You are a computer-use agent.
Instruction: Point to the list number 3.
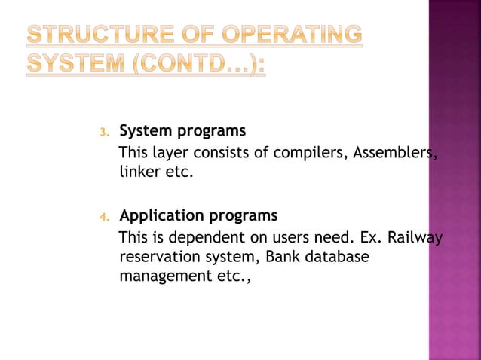pyautogui.click(x=105, y=133)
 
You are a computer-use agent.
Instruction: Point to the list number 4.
pyautogui.click(x=105, y=218)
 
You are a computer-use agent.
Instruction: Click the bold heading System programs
pyautogui.click(x=182, y=131)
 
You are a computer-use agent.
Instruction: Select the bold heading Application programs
pyautogui.click(x=198, y=216)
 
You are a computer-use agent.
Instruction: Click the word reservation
pyautogui.click(x=160, y=258)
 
